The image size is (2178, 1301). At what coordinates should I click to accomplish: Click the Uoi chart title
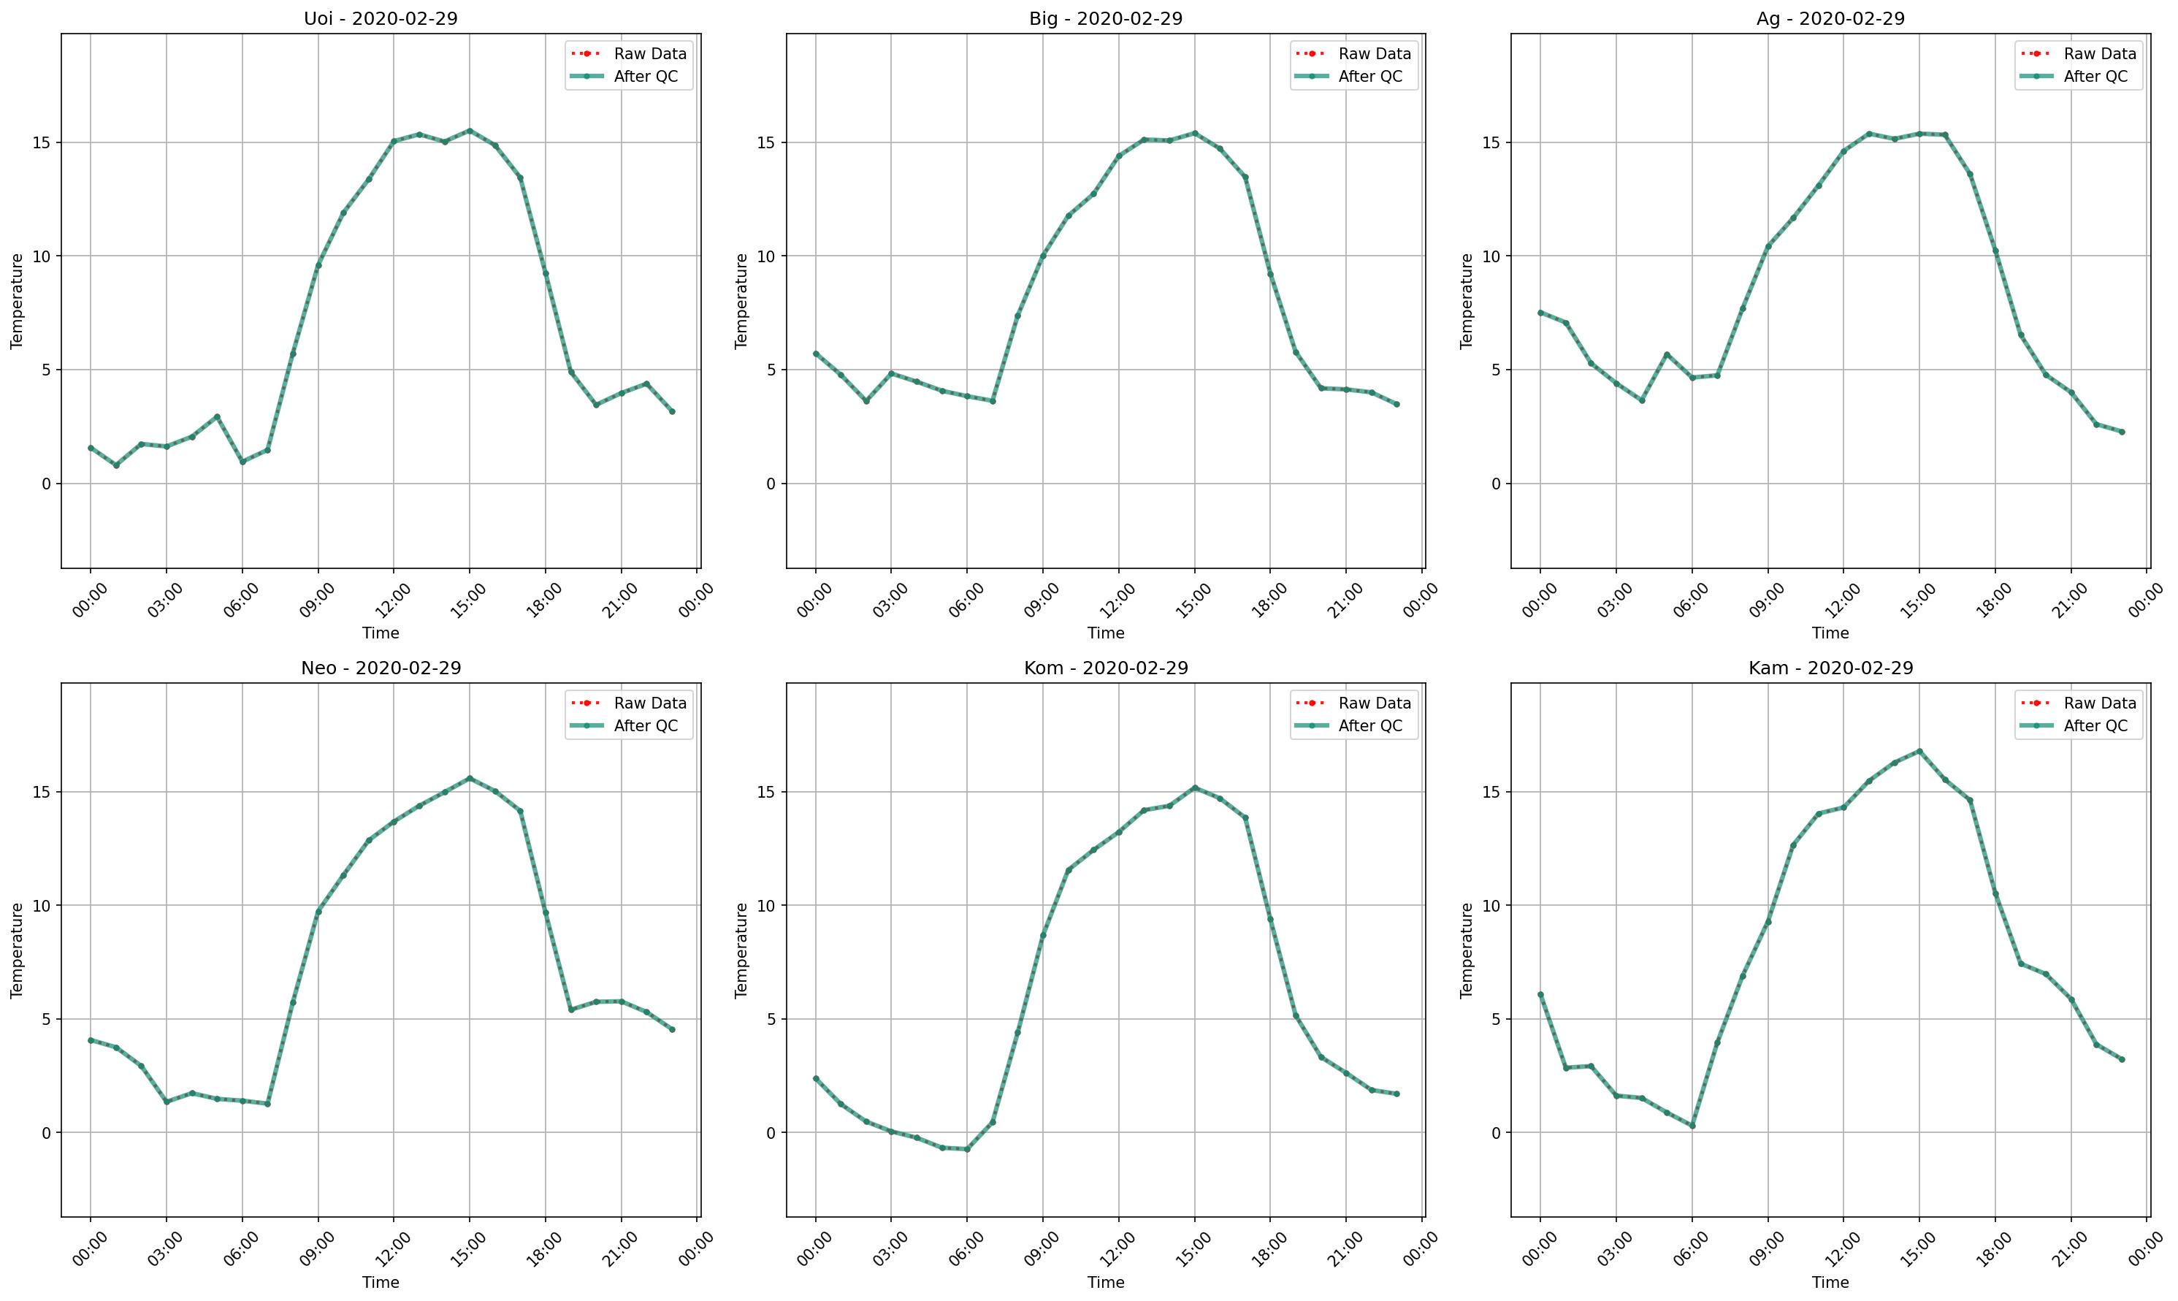click(x=381, y=18)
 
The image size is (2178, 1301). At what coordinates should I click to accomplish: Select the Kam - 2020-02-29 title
click(x=1830, y=668)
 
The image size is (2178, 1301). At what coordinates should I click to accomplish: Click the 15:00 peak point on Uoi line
click(x=470, y=131)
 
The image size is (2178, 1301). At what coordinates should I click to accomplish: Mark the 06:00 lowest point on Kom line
click(x=967, y=1149)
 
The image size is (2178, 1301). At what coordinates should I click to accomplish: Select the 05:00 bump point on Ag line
click(x=1667, y=354)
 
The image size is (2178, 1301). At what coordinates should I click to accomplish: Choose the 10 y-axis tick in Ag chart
click(x=1491, y=256)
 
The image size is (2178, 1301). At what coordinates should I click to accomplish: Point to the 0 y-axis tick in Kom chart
click(x=771, y=1133)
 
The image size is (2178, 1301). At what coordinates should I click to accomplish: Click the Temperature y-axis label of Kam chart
click(x=1467, y=950)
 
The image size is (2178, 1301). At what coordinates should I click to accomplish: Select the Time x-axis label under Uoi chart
click(x=381, y=633)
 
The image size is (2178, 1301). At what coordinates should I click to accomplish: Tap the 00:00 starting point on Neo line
click(x=91, y=1039)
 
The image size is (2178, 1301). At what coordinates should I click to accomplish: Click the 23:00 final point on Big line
click(x=1397, y=404)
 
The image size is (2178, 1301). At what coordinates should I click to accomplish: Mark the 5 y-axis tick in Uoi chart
click(x=45, y=370)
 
